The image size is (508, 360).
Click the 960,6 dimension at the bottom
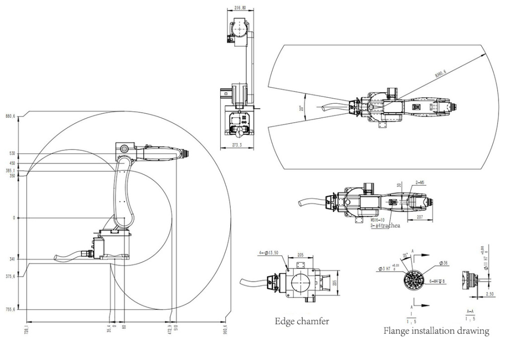(x=225, y=328)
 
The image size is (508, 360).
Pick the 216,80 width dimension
(x=240, y=8)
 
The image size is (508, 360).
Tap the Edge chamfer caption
(x=302, y=321)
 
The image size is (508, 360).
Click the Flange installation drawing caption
(x=436, y=331)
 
